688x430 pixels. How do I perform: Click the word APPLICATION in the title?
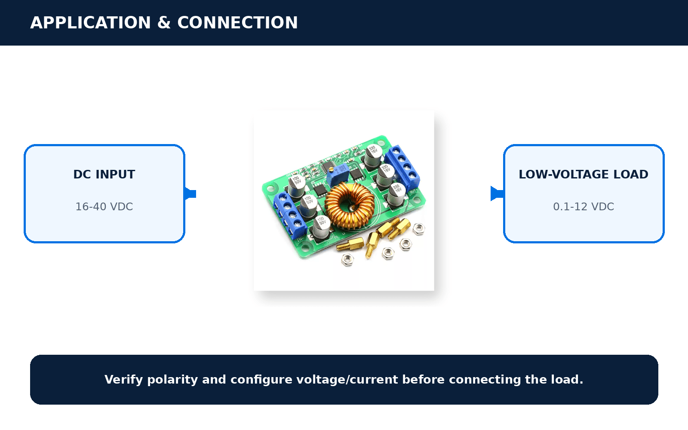click(x=90, y=23)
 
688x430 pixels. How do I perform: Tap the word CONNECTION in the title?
click(x=237, y=23)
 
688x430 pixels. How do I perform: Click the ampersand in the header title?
click(x=164, y=23)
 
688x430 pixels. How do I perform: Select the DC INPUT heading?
click(x=104, y=175)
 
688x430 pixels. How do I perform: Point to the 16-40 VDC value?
click(x=104, y=207)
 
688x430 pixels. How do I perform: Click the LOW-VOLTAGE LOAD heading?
click(x=584, y=175)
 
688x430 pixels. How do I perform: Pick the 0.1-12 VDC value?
click(x=584, y=207)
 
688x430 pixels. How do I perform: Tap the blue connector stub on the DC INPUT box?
click(x=190, y=194)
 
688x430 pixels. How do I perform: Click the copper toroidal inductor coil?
click(x=350, y=206)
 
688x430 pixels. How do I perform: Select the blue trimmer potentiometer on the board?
click(x=338, y=174)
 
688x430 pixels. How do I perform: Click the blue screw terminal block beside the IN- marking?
click(x=290, y=215)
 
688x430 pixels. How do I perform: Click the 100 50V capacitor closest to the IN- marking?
click(x=321, y=227)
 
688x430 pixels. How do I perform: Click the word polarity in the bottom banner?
click(x=172, y=380)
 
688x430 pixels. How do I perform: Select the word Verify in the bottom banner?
click(x=123, y=380)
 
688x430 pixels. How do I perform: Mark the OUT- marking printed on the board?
click(x=413, y=191)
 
